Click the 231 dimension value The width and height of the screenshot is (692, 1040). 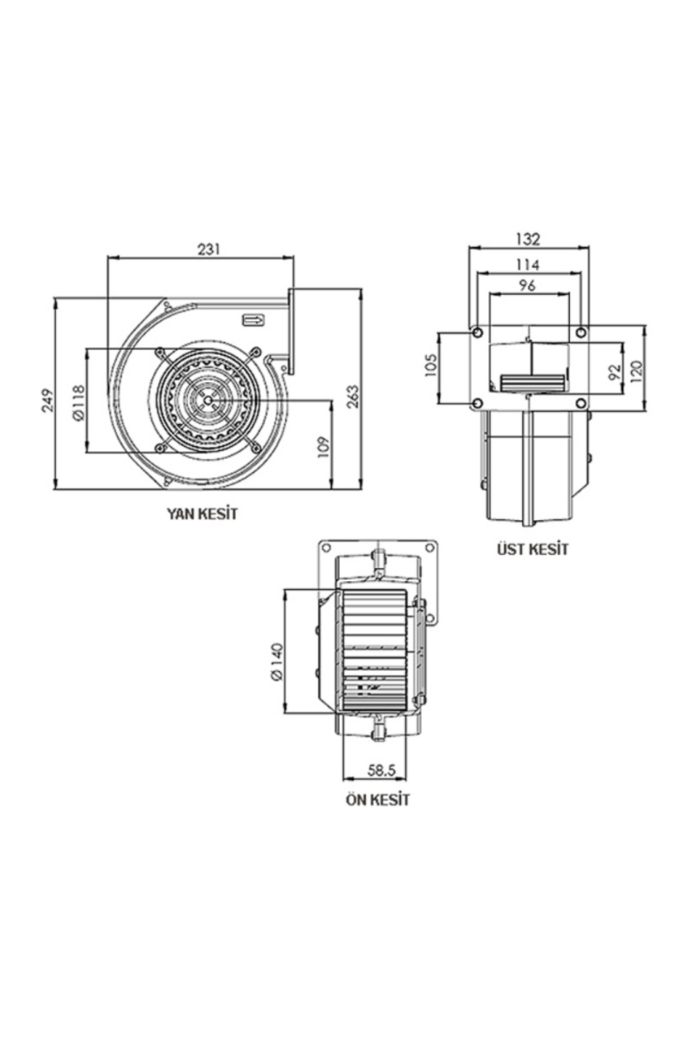pyautogui.click(x=209, y=249)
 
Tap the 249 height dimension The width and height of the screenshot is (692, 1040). pyautogui.click(x=48, y=401)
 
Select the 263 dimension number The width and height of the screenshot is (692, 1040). pyautogui.click(x=353, y=396)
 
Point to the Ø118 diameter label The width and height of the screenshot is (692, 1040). pyautogui.click(x=79, y=402)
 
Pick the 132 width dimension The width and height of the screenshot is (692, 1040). pyautogui.click(x=529, y=239)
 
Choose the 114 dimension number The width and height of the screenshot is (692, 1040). pyautogui.click(x=528, y=265)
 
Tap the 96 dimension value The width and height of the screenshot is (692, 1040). pyautogui.click(x=528, y=285)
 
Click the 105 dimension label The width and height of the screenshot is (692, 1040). pyautogui.click(x=431, y=365)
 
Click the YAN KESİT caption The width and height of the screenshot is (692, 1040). pyautogui.click(x=202, y=513)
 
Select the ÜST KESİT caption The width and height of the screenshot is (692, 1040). pyautogui.click(x=533, y=549)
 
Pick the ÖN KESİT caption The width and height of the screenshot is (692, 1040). pyautogui.click(x=377, y=800)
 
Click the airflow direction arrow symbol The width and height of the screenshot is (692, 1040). pyautogui.click(x=253, y=319)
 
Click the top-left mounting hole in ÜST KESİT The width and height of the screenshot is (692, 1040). pyautogui.click(x=477, y=332)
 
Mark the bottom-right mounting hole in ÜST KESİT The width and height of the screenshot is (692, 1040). pyautogui.click(x=581, y=403)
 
